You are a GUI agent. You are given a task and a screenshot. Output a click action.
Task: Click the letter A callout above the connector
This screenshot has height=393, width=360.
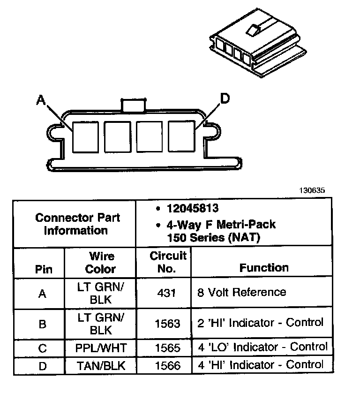pyautogui.click(x=41, y=99)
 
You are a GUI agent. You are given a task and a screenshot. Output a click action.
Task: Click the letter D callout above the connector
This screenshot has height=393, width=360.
pyautogui.click(x=225, y=98)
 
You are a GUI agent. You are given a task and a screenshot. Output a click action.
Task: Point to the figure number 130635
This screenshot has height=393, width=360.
pyautogui.click(x=312, y=190)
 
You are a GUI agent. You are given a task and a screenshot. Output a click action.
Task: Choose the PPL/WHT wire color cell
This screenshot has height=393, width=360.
pyautogui.click(x=100, y=348)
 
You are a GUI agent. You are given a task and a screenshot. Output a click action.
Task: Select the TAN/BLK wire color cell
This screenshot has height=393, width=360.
pyautogui.click(x=100, y=365)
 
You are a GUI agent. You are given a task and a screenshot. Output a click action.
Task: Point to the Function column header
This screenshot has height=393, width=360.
pyautogui.click(x=264, y=267)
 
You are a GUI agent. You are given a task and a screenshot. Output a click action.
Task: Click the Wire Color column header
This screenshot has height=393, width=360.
pyautogui.click(x=101, y=263)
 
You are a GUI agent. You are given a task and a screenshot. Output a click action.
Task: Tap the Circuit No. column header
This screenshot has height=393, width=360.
pyautogui.click(x=168, y=262)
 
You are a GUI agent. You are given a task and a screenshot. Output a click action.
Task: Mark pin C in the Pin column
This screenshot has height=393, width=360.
pyautogui.click(x=43, y=348)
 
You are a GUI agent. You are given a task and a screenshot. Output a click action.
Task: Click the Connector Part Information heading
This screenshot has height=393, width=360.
pyautogui.click(x=78, y=224)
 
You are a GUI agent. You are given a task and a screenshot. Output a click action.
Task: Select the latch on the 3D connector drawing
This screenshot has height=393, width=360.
pyautogui.click(x=252, y=31)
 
